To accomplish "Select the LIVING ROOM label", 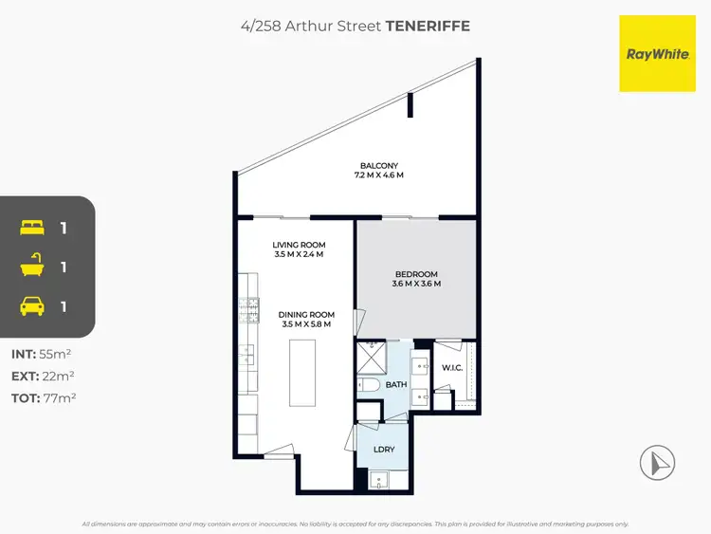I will [x=299, y=245].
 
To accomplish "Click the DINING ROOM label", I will [x=307, y=315].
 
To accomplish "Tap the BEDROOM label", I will [x=417, y=274].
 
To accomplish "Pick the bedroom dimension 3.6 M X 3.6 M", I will [x=417, y=285].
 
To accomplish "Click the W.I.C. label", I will [x=451, y=368].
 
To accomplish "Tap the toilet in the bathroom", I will [x=369, y=385].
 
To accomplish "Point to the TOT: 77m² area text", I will [x=44, y=398].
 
